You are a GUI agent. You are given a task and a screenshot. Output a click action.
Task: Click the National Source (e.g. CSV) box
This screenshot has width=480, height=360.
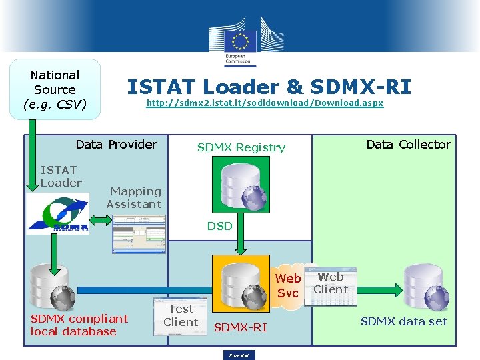click(x=55, y=89)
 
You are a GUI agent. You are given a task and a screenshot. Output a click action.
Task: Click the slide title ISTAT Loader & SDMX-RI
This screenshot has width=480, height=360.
click(x=269, y=87)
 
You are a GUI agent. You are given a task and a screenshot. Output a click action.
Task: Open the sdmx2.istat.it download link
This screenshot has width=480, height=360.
click(x=265, y=104)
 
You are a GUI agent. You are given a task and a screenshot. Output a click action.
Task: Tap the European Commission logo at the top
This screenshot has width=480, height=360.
click(x=239, y=41)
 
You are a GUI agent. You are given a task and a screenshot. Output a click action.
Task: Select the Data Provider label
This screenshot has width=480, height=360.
click(x=116, y=145)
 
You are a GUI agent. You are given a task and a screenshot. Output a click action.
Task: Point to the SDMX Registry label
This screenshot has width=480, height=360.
click(x=241, y=147)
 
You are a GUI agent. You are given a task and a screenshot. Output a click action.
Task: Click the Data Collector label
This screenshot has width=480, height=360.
click(x=408, y=145)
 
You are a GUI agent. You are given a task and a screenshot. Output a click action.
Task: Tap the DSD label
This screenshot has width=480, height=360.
click(x=219, y=226)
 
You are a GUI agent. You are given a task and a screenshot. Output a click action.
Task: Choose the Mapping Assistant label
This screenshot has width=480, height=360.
click(x=134, y=198)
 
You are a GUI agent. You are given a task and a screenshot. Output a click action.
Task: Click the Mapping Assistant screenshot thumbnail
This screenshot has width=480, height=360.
click(x=139, y=234)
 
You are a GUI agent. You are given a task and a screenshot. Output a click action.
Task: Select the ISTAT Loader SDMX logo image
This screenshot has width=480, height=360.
click(x=57, y=213)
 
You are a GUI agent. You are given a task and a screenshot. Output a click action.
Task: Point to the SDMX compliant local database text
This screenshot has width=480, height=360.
click(x=79, y=325)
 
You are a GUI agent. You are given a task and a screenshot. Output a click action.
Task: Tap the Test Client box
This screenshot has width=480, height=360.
click(x=181, y=315)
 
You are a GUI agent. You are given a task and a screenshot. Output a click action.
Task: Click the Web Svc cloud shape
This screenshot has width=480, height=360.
click(x=288, y=285)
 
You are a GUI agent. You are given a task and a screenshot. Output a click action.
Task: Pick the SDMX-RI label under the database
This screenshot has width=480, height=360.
click(x=240, y=327)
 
